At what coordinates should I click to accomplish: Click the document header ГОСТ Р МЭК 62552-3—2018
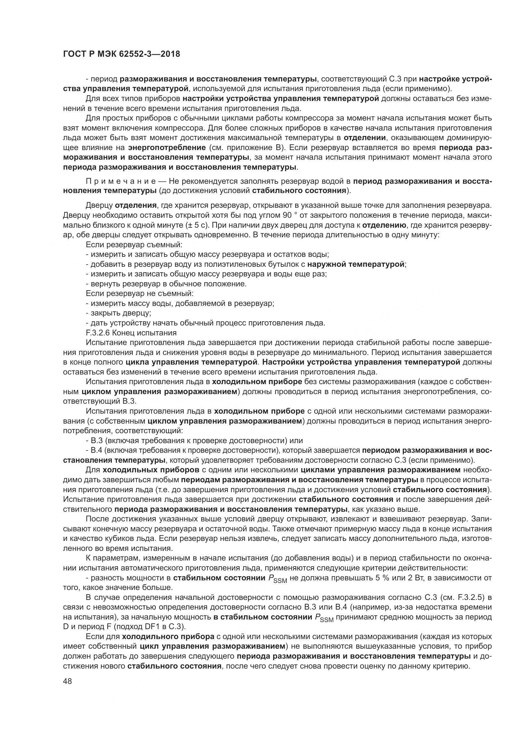(x=121, y=54)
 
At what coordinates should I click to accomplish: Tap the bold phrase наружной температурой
(x=356, y=264)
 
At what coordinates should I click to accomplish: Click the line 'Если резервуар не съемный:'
(x=140, y=294)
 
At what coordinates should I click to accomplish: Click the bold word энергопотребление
(x=167, y=147)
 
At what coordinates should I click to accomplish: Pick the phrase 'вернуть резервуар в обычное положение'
(x=168, y=284)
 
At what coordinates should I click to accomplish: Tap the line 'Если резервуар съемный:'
(x=134, y=245)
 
